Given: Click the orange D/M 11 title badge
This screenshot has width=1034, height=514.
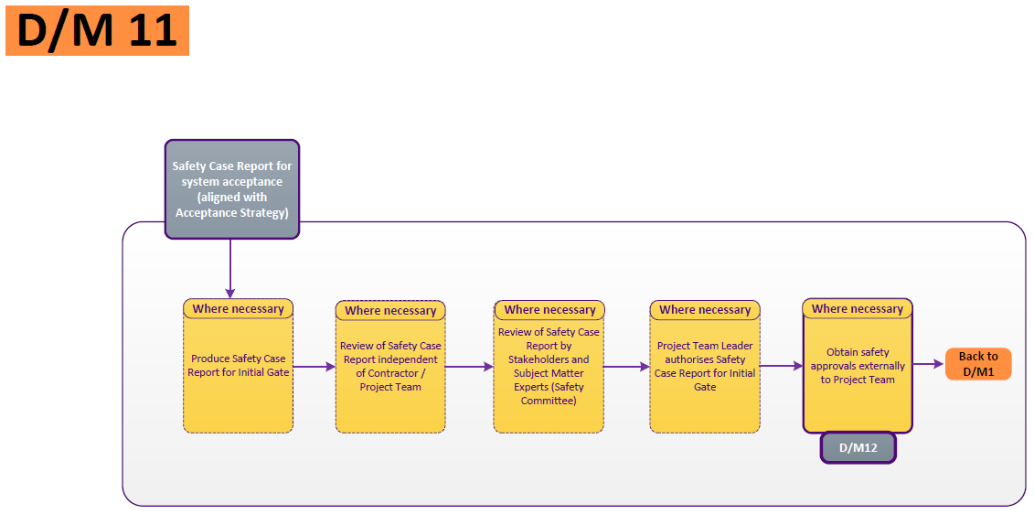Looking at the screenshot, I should coord(97,30).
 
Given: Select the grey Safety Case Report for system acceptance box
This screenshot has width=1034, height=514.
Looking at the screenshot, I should coord(232,188).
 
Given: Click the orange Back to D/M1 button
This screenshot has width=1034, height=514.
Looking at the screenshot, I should coord(978,364).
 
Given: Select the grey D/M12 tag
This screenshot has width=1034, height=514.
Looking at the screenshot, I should coord(858,447).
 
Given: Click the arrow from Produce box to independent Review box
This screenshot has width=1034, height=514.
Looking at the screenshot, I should coord(314,367).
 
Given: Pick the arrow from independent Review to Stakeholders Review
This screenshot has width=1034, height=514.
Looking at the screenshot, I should coord(469,367).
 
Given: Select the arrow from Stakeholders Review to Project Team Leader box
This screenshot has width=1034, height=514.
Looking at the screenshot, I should coord(626,367).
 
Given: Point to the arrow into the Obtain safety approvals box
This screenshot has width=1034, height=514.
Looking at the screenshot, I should coord(781,366).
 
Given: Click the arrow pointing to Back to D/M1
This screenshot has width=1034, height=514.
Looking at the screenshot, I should coord(928,364).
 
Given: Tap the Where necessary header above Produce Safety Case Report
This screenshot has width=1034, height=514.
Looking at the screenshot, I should coord(238,309).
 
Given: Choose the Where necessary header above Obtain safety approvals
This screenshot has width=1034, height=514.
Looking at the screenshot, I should coord(857,309).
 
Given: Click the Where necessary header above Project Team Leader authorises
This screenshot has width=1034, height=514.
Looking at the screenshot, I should coord(705,310).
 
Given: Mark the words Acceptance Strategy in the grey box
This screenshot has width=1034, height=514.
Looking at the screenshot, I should coord(231,213).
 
